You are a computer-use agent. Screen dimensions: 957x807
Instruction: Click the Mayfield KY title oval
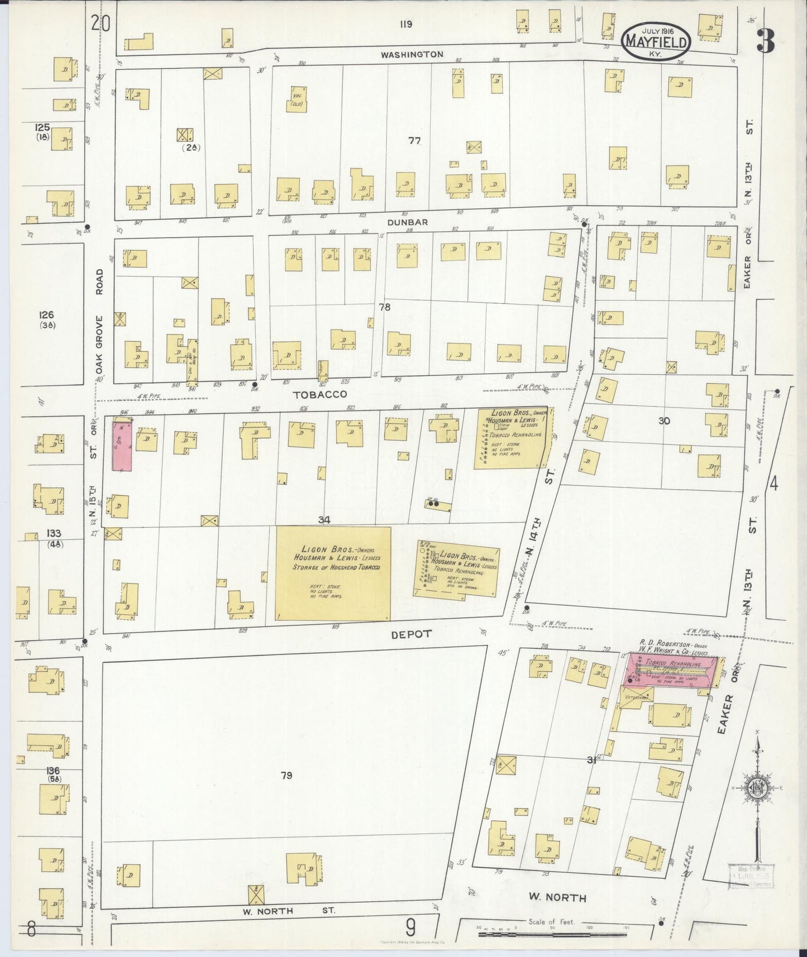pos(656,41)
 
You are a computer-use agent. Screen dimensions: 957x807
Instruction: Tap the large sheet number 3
pos(766,41)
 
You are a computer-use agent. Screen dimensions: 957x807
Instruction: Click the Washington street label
pos(412,55)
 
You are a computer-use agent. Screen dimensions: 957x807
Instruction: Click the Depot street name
pos(411,634)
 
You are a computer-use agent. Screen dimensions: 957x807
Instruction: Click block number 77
pos(414,141)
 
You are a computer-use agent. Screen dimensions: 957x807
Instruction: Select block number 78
pos(384,307)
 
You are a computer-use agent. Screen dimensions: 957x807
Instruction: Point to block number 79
pos(286,776)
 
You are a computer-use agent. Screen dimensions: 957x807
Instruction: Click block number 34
pos(324,520)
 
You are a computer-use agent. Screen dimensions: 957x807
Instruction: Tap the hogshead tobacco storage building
pos(333,573)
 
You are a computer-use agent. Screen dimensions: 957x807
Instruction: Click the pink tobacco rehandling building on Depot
pos(670,669)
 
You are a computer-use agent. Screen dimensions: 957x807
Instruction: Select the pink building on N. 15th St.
pos(122,446)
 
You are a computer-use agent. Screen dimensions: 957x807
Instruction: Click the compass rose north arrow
pos(758,787)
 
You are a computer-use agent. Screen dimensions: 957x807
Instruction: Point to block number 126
pos(47,315)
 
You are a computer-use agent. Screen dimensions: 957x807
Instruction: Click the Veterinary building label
pos(636,697)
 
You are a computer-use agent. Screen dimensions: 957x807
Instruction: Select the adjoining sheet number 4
pos(773,484)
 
